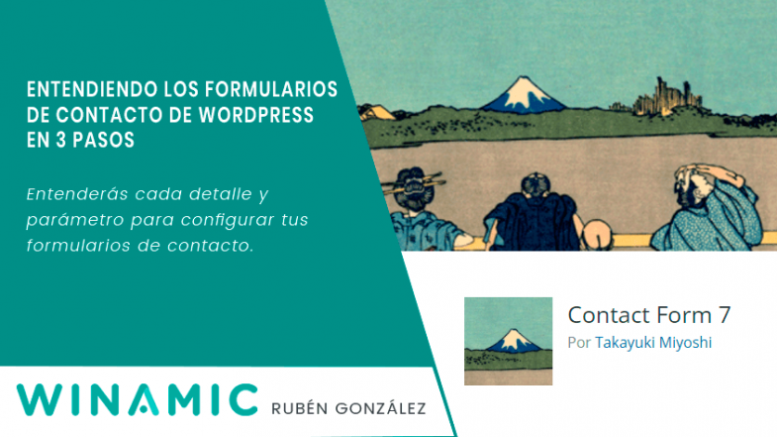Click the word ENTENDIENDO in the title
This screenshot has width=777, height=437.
click(x=82, y=90)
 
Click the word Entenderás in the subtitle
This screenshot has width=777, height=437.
click(x=69, y=191)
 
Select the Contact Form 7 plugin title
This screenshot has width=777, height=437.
click(x=649, y=315)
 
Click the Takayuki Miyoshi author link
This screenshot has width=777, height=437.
click(x=653, y=342)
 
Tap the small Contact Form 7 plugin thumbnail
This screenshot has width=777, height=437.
click(x=509, y=341)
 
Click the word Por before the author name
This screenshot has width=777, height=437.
click(x=580, y=342)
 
